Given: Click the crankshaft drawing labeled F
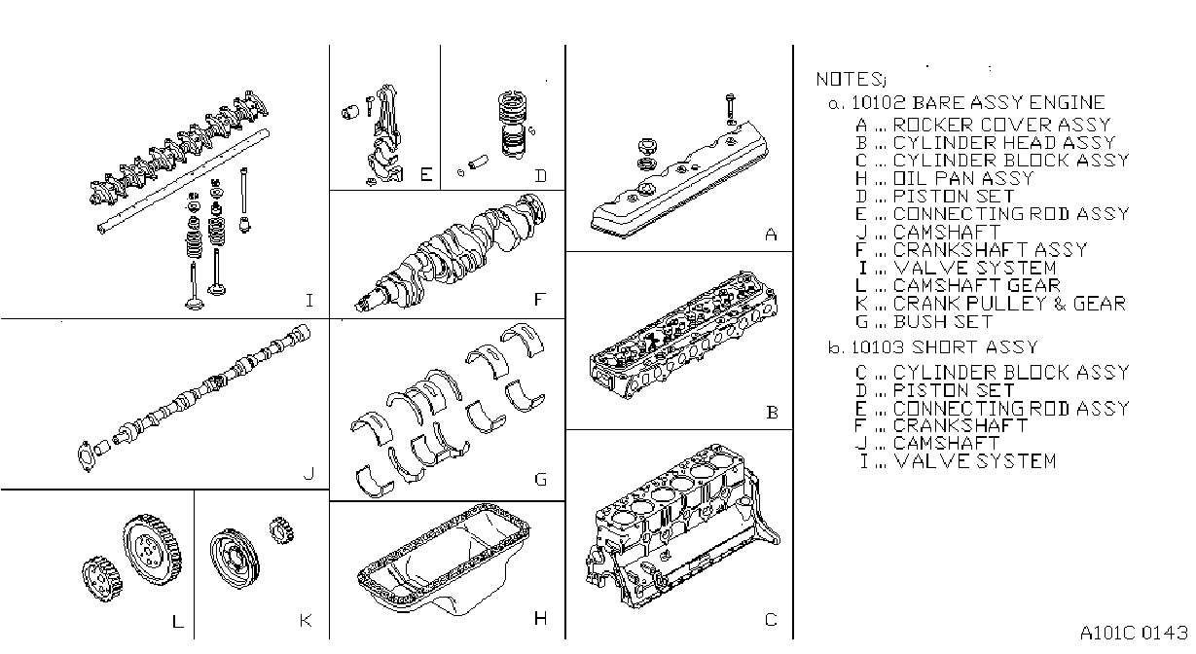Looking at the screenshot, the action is pos(452,254).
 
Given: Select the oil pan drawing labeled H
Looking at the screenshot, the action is pos(444,560).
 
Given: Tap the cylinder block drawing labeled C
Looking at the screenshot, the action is pos(682,527).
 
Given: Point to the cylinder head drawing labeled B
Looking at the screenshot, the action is pos(683,336).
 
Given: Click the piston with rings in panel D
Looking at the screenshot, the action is pos(513,125).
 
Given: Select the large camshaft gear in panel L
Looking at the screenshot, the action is pos(153,551).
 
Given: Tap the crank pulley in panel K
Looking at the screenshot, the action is pos(235,559).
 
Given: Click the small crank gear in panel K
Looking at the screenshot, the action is pos(282,530).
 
